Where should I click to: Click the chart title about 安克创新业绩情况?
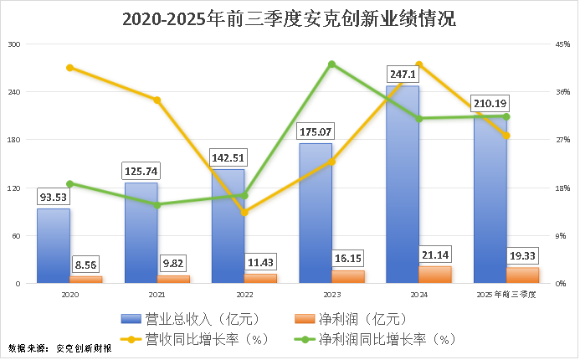click(x=290, y=19)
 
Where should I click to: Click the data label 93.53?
click(x=54, y=198)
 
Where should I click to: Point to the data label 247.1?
click(x=403, y=75)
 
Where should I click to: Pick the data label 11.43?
click(x=260, y=262)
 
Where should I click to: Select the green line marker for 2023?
click(x=331, y=64)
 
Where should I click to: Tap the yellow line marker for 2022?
click(x=244, y=213)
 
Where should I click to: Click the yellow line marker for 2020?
click(x=69, y=68)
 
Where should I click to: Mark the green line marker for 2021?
click(x=157, y=204)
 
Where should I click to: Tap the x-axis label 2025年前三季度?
click(x=506, y=295)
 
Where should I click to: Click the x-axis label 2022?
click(x=244, y=295)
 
